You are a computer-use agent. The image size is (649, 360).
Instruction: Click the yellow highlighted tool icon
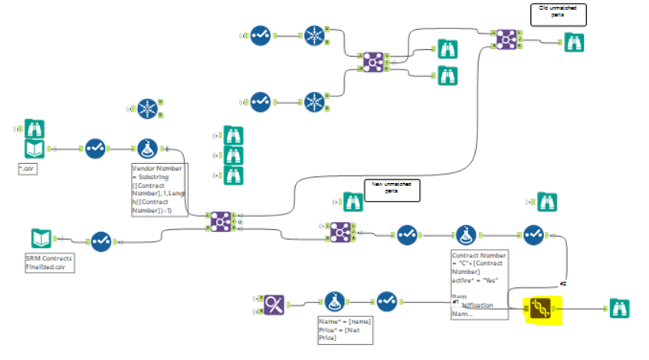pos(539,308)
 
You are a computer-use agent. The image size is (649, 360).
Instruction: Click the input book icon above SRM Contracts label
pos(41,238)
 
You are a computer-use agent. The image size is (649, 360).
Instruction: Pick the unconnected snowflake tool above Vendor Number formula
pos(146,110)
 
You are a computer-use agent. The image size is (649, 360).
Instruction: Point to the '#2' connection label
pos(562,284)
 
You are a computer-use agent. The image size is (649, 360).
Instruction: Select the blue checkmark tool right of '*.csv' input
pos(95,148)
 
